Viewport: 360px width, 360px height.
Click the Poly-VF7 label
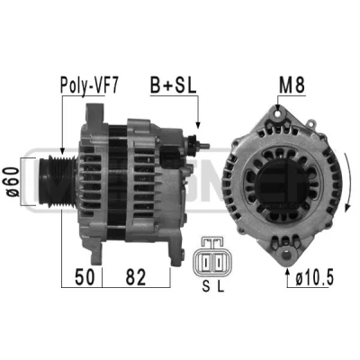[x=89, y=85]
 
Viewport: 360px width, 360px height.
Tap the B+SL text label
[x=173, y=85]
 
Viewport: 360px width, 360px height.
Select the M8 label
[x=292, y=85]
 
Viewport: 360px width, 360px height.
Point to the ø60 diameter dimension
[x=13, y=182]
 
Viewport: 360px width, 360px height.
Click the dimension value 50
[x=85, y=277]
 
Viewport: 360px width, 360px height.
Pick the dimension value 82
[x=136, y=277]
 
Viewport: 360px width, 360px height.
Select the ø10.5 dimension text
[x=314, y=277]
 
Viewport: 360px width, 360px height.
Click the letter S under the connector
[x=206, y=286]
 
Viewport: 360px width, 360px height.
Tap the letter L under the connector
[x=220, y=286]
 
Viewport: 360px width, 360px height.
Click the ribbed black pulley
[x=58, y=181]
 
